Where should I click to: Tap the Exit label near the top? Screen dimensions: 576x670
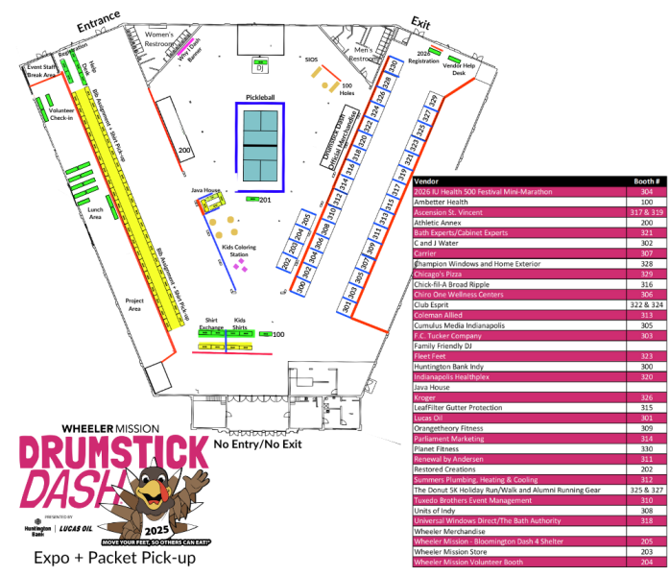[420, 21]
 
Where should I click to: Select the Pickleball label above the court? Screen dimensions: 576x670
[260, 97]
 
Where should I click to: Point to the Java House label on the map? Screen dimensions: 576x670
[206, 190]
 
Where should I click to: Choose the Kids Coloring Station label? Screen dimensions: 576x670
[239, 252]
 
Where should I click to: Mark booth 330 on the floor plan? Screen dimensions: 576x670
[393, 66]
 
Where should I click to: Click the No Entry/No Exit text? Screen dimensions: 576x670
[258, 445]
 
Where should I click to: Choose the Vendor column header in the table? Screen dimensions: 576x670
[426, 180]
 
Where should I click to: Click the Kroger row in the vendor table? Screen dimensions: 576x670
[426, 396]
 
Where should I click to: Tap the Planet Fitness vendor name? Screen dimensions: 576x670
[439, 448]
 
